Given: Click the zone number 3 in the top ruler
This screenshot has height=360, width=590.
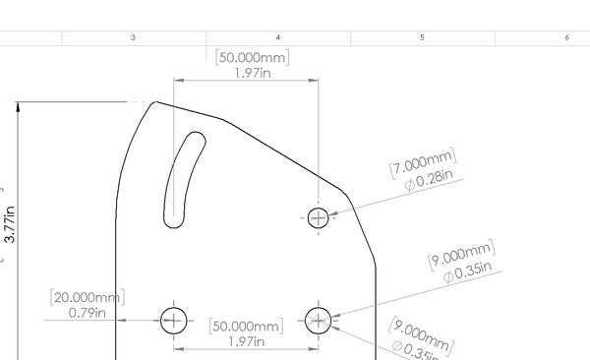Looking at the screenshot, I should tap(133, 37).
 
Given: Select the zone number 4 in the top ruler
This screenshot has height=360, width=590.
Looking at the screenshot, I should tap(278, 37).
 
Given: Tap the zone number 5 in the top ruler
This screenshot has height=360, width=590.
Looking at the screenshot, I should tap(422, 37).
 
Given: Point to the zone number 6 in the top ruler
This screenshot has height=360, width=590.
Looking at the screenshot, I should tap(566, 37).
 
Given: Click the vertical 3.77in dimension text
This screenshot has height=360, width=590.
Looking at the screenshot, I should tap(10, 223).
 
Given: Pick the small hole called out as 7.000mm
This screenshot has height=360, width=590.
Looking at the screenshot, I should tap(318, 217).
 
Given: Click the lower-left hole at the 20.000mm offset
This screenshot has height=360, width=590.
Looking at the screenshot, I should tap(174, 319).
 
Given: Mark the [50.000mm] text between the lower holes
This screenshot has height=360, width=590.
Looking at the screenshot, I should tap(247, 326).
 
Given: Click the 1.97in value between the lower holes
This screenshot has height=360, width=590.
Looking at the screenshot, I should tap(247, 341).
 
